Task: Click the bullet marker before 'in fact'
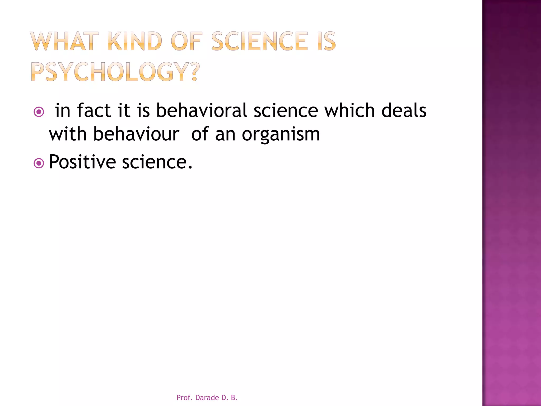[39, 112]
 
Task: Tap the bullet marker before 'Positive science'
[39, 163]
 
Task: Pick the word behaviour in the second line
[136, 134]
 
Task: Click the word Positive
[82, 162]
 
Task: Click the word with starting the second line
[68, 134]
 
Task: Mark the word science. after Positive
[157, 162]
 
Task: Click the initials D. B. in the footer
[230, 398]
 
